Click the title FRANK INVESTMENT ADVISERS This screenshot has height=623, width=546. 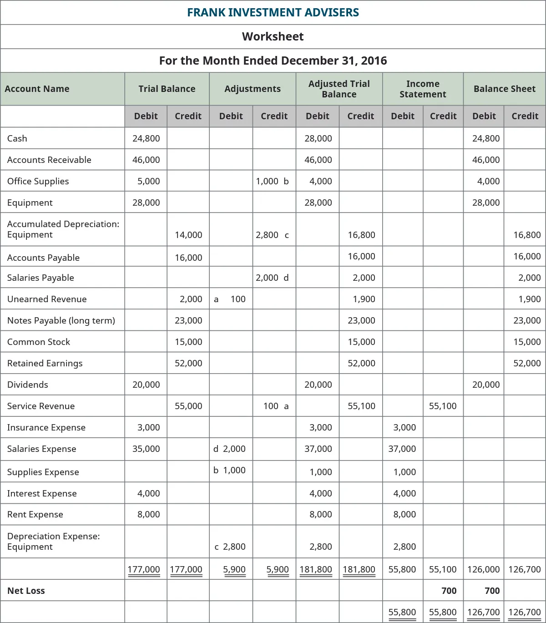(273, 12)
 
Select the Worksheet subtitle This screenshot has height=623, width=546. (273, 36)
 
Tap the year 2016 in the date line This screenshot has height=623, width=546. (374, 61)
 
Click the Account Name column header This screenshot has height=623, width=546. (37, 89)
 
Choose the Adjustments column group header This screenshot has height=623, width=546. (253, 89)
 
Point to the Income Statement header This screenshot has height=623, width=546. (423, 89)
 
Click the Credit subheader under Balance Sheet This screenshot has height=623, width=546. (525, 116)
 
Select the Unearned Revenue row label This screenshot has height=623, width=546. (47, 299)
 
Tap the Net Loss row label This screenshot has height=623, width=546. (26, 591)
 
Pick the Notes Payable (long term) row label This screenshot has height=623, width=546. (61, 320)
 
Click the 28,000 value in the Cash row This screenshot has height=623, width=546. (318, 138)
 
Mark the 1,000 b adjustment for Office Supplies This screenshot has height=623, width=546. (272, 181)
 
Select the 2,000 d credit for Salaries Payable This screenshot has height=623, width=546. (272, 278)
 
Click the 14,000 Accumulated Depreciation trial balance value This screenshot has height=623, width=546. (188, 235)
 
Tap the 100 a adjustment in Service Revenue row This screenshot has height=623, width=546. (276, 406)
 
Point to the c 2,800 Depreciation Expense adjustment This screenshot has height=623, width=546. (230, 547)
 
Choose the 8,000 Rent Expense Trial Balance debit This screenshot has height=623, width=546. (149, 514)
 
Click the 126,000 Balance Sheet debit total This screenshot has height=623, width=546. (483, 569)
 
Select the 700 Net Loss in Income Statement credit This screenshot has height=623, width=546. (449, 591)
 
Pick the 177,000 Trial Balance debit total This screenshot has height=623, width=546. (144, 569)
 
